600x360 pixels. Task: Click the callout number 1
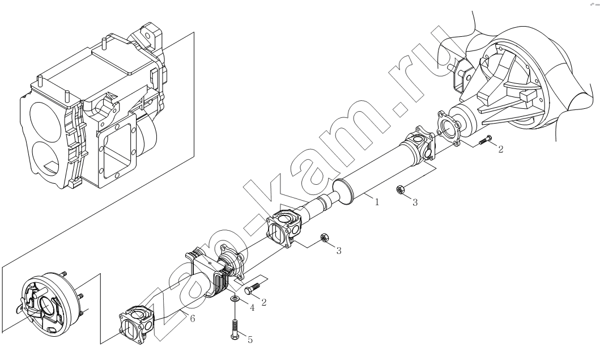(377, 202)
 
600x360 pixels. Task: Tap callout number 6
(193, 318)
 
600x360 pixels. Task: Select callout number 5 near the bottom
(250, 340)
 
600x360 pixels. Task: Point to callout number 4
(252, 307)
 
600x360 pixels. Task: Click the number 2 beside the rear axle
(500, 149)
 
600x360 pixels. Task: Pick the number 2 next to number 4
(263, 302)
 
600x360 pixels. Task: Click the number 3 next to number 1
(415, 202)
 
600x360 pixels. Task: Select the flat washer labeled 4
(234, 298)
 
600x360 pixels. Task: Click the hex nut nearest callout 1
(400, 189)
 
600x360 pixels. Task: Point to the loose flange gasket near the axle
(448, 128)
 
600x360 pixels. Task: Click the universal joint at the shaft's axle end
(421, 143)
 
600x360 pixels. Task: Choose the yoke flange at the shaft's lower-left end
(137, 323)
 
